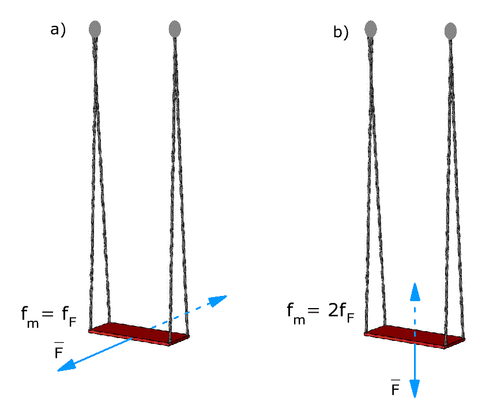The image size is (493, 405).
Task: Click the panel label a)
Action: tap(58, 30)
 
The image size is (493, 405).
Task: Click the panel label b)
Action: tap(341, 32)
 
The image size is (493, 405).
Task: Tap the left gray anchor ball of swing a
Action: tap(95, 29)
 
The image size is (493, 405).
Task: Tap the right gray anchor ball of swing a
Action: tap(175, 29)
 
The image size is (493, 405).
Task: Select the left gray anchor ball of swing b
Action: tap(371, 29)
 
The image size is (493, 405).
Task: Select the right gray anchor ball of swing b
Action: tap(450, 31)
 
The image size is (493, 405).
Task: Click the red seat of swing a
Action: tap(139, 334)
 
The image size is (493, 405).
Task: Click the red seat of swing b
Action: tap(415, 337)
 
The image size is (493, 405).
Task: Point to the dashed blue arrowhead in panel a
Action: tap(217, 300)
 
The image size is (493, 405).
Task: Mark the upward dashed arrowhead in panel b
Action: tap(415, 291)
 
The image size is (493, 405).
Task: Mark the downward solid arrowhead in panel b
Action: tap(415, 389)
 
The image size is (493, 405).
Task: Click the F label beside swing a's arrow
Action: tap(59, 350)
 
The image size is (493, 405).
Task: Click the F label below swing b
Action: tap(395, 387)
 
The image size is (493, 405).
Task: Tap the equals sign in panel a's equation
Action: tap(48, 313)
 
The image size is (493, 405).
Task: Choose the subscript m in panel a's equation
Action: tap(33, 323)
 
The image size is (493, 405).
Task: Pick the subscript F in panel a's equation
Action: tap(73, 321)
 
